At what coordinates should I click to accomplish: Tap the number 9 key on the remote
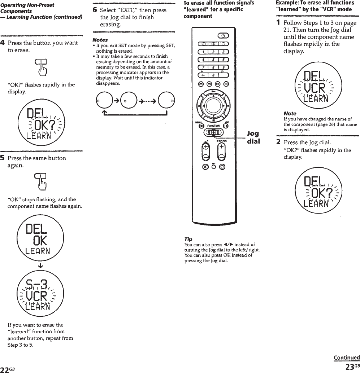(224, 67)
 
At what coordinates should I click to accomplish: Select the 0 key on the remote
(213, 75)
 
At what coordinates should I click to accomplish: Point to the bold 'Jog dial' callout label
(253, 137)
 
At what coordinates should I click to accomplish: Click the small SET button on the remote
(214, 166)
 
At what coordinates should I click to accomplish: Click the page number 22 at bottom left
(5, 369)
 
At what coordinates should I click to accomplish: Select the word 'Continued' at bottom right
(346, 358)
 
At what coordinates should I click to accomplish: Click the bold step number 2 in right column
(278, 142)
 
